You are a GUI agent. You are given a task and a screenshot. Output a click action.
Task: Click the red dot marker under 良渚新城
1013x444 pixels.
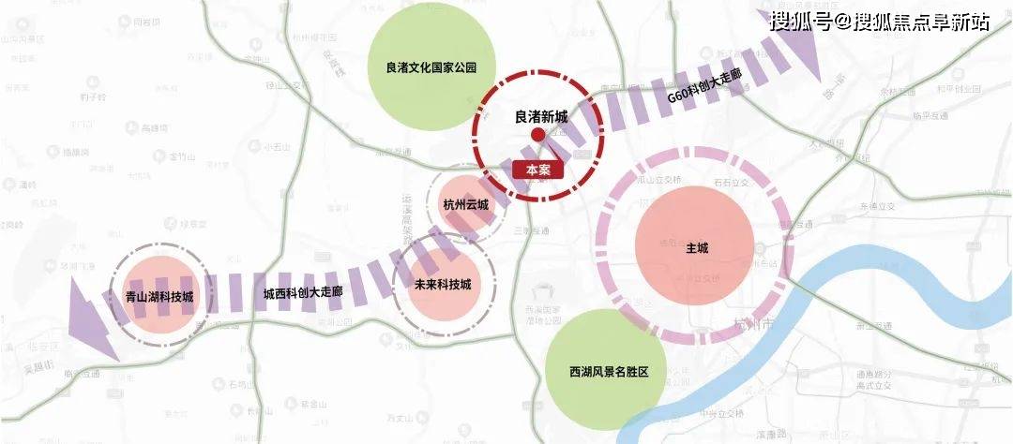coord(538,136)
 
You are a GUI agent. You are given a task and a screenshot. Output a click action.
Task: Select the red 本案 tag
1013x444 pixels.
coord(538,170)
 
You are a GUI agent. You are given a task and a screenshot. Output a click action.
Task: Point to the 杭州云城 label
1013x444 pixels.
coord(466,204)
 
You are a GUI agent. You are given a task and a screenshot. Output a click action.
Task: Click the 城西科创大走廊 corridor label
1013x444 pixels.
coord(303,292)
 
